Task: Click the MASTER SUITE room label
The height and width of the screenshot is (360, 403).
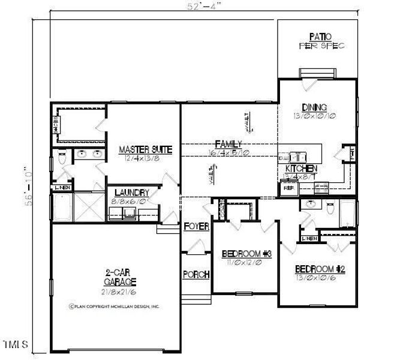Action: [146, 149]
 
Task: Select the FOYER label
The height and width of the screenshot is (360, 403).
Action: [196, 226]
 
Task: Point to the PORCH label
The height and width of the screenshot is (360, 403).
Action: [196, 275]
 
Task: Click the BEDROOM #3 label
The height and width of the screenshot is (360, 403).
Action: [247, 254]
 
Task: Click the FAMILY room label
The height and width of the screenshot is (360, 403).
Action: [228, 144]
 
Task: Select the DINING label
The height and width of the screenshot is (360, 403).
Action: [314, 107]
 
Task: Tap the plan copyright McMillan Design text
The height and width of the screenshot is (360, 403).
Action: [114, 306]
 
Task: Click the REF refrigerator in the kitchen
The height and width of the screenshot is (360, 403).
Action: [287, 188]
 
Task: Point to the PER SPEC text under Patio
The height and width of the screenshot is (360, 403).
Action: [321, 46]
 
